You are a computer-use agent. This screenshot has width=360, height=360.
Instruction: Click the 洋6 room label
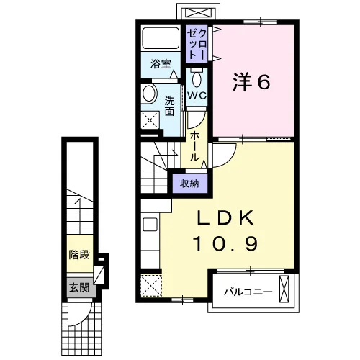point(251,82)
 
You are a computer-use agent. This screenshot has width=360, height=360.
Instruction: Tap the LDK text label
point(225,218)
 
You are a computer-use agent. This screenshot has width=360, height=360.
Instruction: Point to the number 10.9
point(225,243)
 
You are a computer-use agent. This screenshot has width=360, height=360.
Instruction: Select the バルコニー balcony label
point(248,292)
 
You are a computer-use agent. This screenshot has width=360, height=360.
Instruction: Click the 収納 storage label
point(189,184)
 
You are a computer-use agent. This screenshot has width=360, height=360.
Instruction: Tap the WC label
point(197,96)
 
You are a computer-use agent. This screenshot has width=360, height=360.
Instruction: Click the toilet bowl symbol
point(197,78)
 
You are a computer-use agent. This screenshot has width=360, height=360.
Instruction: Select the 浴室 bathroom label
point(161,64)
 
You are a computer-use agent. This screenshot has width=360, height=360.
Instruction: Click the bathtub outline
point(161,38)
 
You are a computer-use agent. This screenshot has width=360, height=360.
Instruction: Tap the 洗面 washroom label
point(169,106)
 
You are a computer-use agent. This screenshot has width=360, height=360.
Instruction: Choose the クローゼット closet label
point(197,45)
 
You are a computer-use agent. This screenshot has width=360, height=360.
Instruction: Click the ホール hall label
point(194,146)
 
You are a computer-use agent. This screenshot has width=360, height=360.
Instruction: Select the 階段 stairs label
point(79,255)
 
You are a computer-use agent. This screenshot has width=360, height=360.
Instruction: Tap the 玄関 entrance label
point(79,287)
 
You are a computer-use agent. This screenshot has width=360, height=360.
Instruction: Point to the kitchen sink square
point(150,224)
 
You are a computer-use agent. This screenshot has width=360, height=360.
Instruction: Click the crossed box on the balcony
point(284,289)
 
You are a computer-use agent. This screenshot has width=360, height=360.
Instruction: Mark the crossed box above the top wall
point(198,12)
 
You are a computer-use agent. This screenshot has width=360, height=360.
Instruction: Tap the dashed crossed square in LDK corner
point(151,286)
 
